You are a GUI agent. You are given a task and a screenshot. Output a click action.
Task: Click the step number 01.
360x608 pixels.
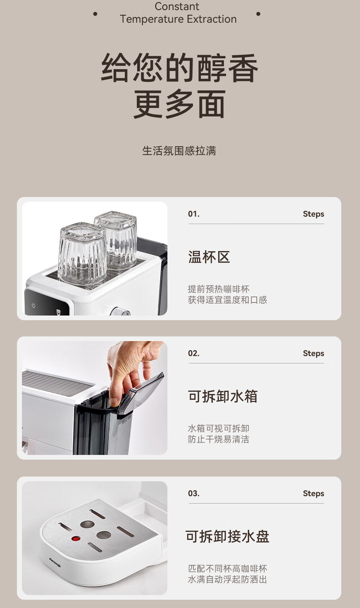point(194,214)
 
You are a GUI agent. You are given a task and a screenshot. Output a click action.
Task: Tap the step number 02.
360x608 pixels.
point(194,353)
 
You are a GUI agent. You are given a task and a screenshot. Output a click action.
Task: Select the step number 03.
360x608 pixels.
point(194,493)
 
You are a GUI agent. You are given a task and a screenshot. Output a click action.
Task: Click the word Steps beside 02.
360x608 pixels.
point(313,353)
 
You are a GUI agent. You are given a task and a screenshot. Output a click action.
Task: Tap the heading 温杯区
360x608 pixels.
point(209,257)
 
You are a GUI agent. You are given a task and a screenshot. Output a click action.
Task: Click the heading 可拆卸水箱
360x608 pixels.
point(223,396)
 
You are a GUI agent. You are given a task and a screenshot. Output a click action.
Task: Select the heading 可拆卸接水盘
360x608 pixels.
point(227,536)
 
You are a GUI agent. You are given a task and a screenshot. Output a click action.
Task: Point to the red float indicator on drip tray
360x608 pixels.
point(76,538)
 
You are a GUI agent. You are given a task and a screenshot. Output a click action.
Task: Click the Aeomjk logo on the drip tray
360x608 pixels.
point(55,562)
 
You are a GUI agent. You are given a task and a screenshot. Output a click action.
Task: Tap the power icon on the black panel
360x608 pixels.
point(33,306)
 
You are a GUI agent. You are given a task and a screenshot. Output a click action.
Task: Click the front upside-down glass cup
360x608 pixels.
point(82,254)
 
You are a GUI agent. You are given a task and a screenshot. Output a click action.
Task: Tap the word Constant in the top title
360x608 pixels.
point(177,6)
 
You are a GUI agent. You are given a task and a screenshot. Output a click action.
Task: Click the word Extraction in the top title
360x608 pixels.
point(212,19)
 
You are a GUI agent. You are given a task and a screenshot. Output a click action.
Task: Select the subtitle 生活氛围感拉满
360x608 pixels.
point(179,151)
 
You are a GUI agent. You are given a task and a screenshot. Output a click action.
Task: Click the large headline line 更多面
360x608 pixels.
point(179,104)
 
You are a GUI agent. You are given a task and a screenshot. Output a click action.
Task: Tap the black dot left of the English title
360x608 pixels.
point(95,14)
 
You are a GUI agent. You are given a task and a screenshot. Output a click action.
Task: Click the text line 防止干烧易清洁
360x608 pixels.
point(219,439)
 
